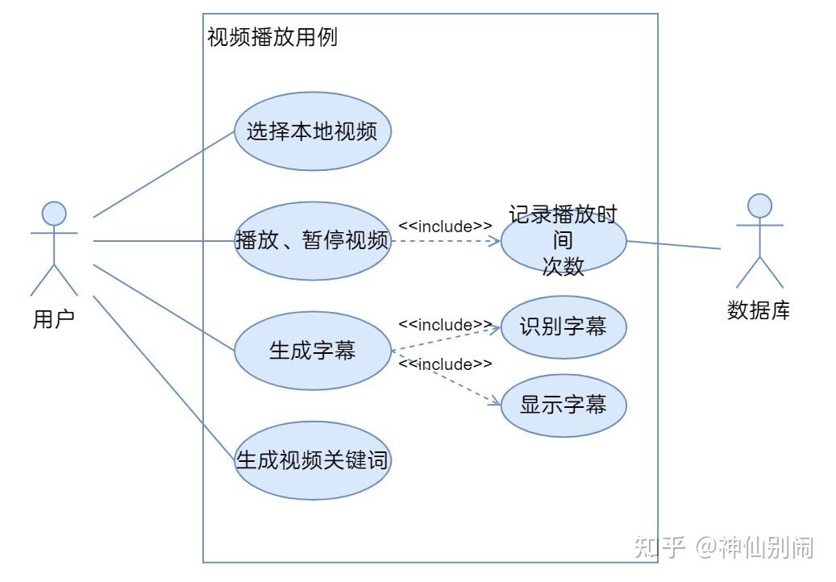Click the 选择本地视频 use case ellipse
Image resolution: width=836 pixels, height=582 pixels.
point(312,131)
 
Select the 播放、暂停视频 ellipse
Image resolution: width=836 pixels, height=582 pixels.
point(312,240)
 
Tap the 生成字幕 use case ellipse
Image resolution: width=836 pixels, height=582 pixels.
point(312,351)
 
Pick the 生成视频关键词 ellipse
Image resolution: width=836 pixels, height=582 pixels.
point(312,460)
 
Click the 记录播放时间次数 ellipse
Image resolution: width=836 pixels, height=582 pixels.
point(563,241)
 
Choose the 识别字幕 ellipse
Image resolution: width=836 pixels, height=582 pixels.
point(563,326)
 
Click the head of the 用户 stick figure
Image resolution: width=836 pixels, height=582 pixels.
point(54,213)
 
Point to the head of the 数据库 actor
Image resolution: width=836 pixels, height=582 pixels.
point(759,206)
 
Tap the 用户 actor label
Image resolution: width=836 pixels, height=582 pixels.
point(54,319)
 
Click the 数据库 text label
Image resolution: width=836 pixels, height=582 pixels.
point(759,310)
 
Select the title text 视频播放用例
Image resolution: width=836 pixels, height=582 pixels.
point(272,37)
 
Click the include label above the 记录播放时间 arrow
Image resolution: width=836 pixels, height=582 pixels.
point(445,227)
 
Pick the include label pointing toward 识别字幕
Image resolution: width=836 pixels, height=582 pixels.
point(445,325)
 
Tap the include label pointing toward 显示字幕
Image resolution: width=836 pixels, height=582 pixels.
point(445,364)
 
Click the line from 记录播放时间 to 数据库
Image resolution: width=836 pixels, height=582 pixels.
point(673,245)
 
